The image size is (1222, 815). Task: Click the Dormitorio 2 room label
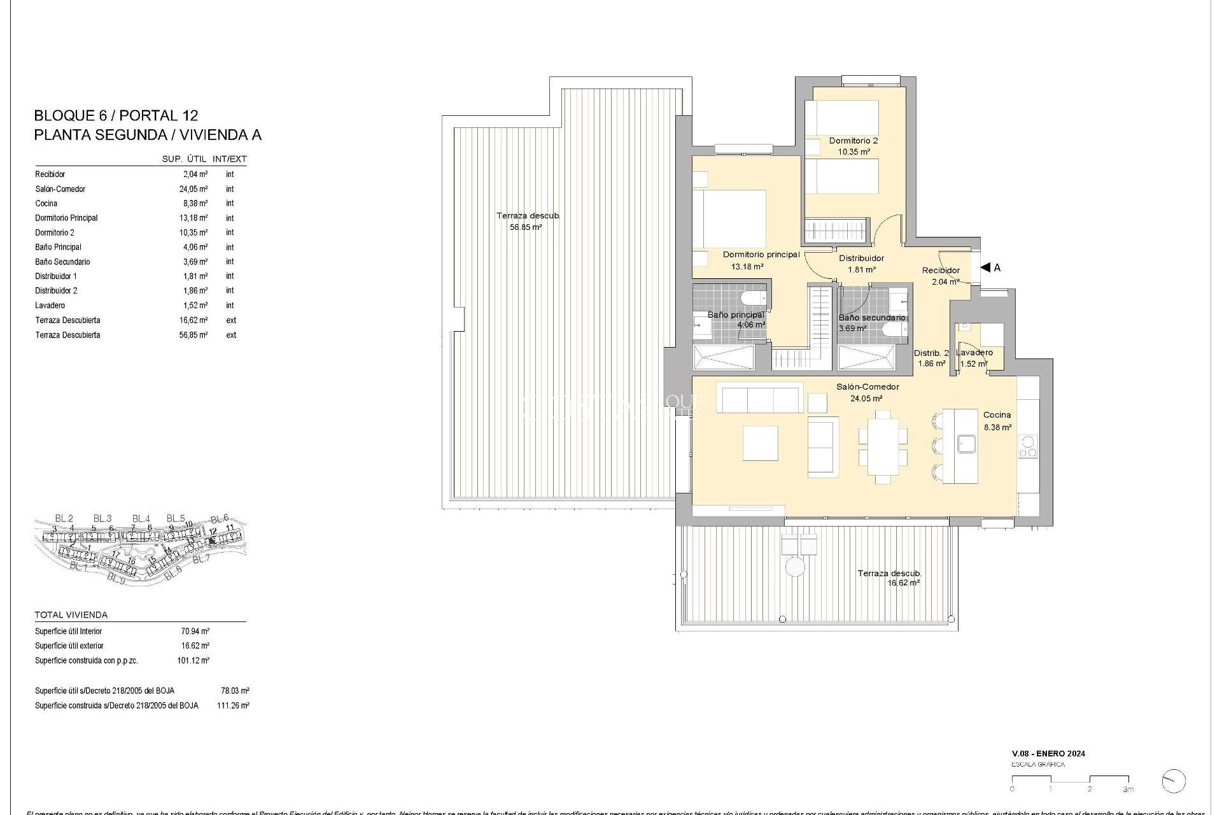pos(853,141)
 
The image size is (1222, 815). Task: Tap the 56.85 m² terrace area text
pos(525,227)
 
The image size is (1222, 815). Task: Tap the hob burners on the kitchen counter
pos(1028,446)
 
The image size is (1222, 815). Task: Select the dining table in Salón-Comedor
pos(883,446)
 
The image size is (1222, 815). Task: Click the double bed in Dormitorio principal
pos(729,220)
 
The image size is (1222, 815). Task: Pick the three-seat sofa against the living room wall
pos(760,398)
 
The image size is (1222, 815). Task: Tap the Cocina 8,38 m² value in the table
pos(194,204)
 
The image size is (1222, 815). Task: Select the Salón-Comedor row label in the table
pos(60,189)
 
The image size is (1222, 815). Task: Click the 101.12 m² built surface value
pos(193,661)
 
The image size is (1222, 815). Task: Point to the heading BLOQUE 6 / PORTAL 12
pos(116,116)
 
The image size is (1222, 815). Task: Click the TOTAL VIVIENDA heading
pos(71,615)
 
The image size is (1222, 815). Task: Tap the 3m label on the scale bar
pos(1128,790)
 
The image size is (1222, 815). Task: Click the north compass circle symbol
pos(1174,781)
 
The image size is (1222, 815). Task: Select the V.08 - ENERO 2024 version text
pos(1048,753)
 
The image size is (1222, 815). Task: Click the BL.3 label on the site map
pos(102,518)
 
